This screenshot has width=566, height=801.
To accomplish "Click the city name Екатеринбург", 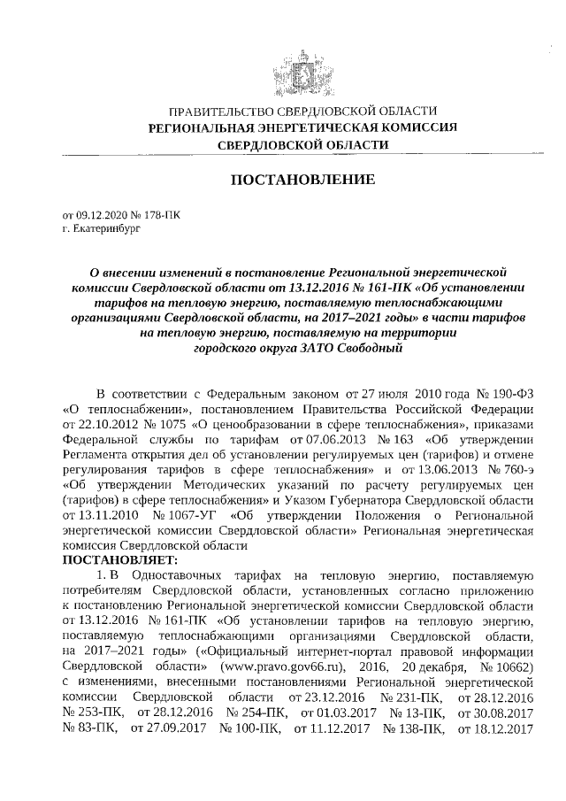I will click(x=111, y=227).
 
